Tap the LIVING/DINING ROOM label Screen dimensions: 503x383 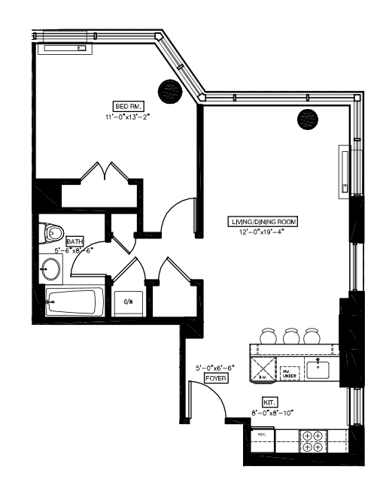pos(263,222)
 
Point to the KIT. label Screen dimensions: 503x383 pos(269,401)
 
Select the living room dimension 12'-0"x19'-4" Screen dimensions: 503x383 pos(263,232)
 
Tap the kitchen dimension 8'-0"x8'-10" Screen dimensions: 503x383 pos(272,412)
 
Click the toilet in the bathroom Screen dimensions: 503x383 pos(53,232)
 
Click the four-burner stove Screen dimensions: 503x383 pos(312,441)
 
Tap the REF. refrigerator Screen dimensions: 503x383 pos(263,441)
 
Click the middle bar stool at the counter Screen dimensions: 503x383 pos(290,335)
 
